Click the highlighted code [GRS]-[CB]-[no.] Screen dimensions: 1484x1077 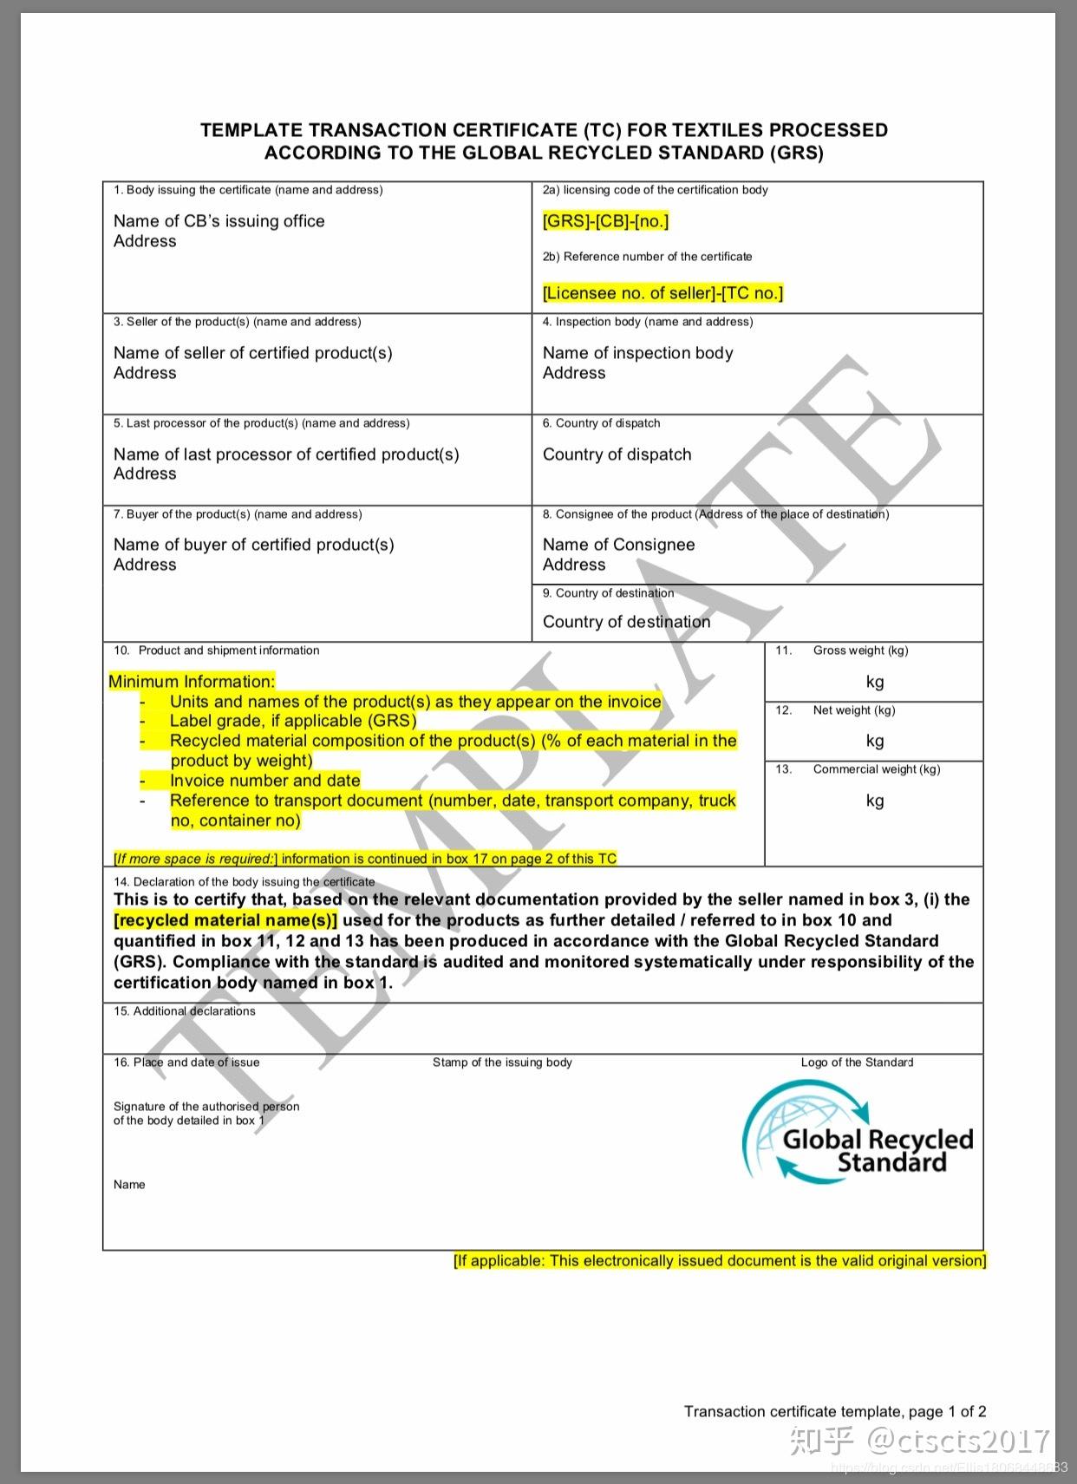coord(605,221)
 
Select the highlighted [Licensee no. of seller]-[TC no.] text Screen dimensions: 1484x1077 coord(663,293)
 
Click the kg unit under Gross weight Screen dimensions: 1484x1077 coord(874,682)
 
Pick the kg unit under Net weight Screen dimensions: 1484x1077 coord(874,741)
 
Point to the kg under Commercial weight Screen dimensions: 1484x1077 coord(874,801)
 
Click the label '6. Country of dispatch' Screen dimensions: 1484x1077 coord(601,423)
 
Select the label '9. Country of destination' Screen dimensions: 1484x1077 coord(608,593)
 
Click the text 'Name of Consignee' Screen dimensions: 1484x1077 coord(618,545)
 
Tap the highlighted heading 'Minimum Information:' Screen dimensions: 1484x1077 coord(192,682)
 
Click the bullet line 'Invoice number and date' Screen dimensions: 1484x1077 coord(264,781)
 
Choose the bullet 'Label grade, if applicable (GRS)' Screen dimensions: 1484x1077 coord(292,721)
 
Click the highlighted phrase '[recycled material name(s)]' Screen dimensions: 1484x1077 coord(225,920)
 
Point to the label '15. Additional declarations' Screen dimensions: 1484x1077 coord(185,1011)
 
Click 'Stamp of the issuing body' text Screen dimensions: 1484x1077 coord(502,1062)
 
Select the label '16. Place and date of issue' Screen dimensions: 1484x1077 coord(186,1062)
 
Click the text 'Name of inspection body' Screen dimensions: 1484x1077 coord(637,353)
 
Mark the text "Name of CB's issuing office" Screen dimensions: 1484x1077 coord(219,221)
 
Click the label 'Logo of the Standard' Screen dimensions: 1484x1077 coord(857,1062)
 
